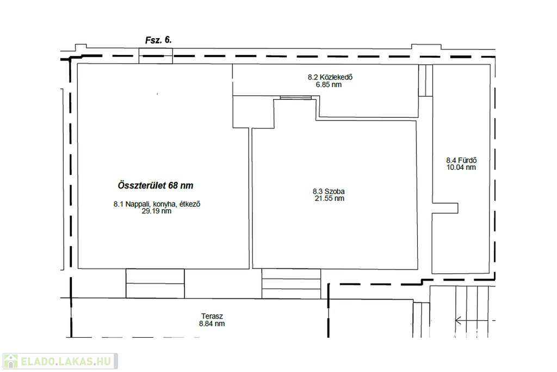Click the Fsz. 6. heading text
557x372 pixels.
[158, 40]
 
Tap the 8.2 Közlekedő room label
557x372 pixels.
[330, 77]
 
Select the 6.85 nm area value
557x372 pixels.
[329, 84]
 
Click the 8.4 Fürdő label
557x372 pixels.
[461, 160]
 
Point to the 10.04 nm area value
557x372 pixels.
[461, 168]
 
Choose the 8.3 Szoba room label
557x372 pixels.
[329, 191]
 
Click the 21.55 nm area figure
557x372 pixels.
[329, 198]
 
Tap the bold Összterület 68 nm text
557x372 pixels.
[156, 185]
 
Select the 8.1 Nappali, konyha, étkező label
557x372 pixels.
[157, 204]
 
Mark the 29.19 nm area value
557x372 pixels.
[156, 211]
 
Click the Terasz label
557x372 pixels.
[212, 316]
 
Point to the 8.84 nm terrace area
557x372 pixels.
[212, 324]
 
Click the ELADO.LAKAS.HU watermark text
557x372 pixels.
[66, 361]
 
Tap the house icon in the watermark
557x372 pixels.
[11, 361]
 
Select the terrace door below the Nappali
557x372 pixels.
[155, 283]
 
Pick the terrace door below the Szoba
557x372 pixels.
[292, 283]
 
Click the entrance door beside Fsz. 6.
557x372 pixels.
[156, 56]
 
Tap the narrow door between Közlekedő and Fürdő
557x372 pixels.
[425, 81]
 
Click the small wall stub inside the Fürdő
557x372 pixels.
[445, 208]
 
